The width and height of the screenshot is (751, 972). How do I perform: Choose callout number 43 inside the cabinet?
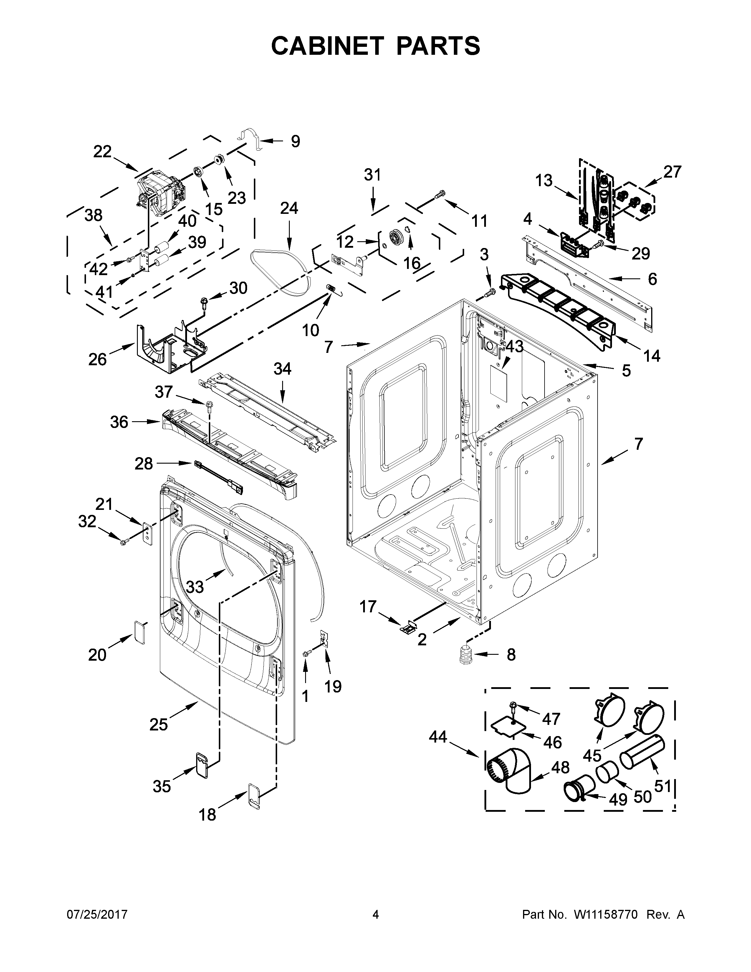pyautogui.click(x=514, y=347)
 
